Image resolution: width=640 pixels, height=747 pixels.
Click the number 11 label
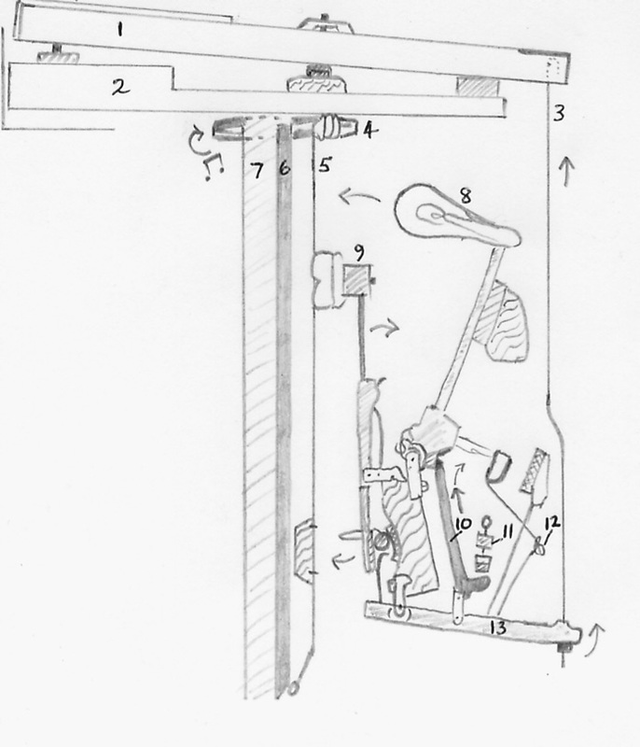click(x=509, y=531)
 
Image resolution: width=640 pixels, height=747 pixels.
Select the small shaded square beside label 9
click(x=356, y=278)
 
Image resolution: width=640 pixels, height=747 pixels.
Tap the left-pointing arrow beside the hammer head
click(x=355, y=197)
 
